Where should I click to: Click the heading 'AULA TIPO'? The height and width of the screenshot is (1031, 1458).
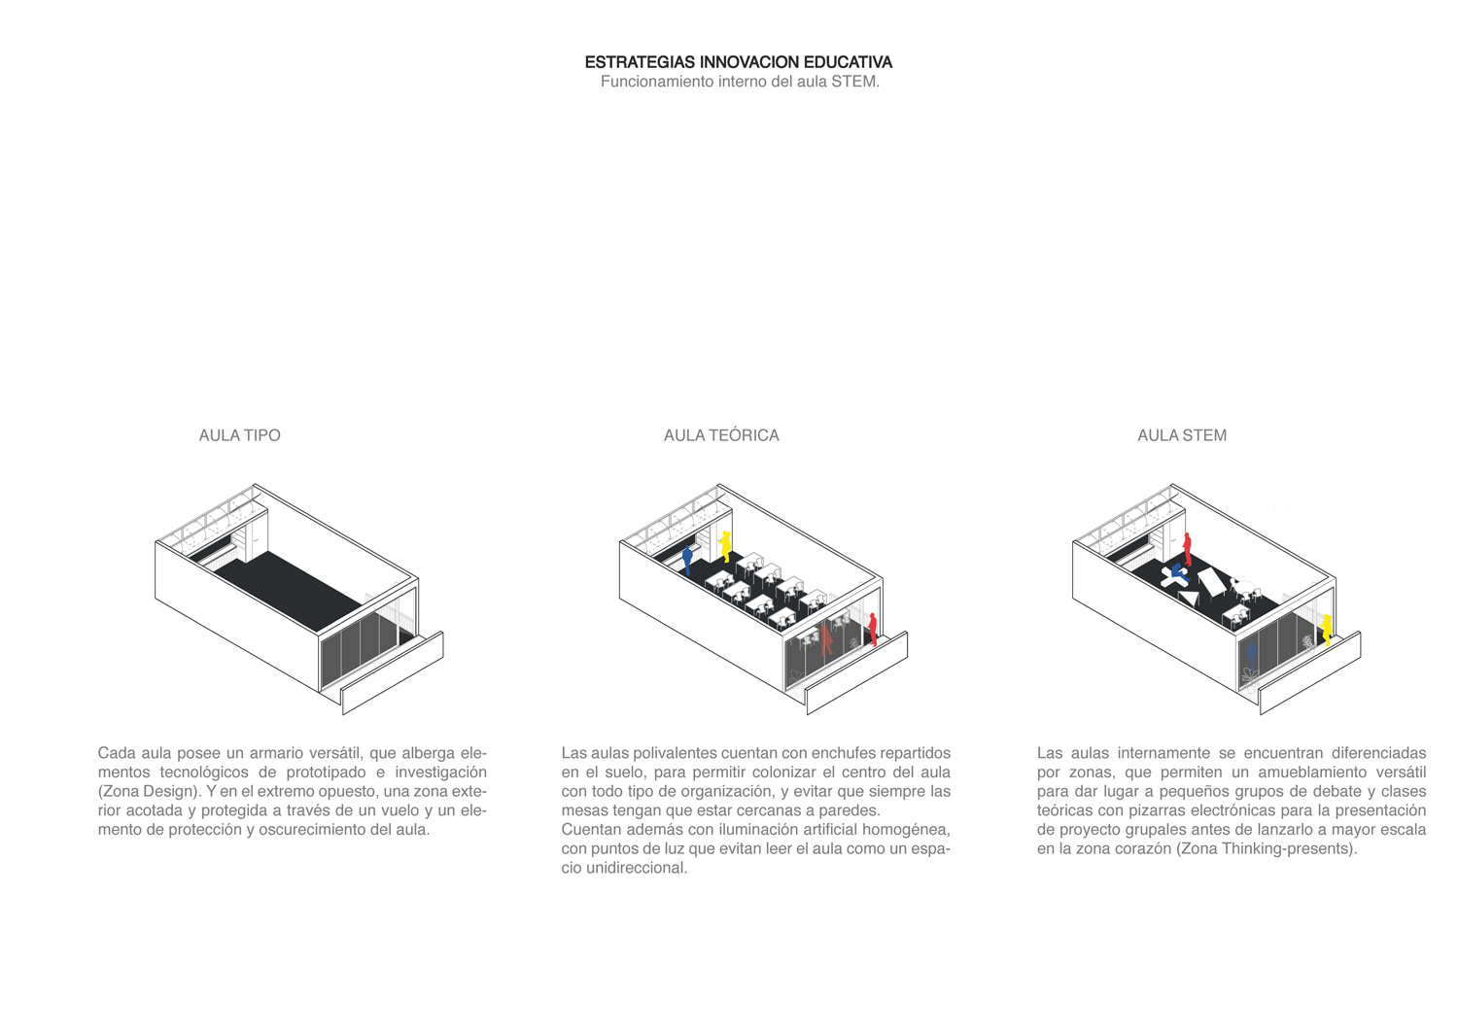(x=239, y=435)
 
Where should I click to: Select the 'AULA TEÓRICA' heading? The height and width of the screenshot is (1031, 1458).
(x=721, y=435)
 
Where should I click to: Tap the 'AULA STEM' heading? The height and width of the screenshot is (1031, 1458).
(x=1182, y=435)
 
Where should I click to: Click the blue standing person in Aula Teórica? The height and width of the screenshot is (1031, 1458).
(x=687, y=560)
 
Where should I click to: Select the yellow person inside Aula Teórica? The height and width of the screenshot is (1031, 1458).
(x=725, y=547)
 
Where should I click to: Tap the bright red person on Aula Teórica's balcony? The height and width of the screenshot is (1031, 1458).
(x=872, y=630)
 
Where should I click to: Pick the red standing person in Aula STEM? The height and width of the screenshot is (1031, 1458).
(x=1187, y=549)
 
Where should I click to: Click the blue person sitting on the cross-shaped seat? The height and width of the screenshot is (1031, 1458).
(x=1178, y=572)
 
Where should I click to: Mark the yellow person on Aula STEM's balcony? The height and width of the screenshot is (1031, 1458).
(x=1327, y=630)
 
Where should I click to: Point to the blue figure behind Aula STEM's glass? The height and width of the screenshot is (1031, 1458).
(x=1252, y=656)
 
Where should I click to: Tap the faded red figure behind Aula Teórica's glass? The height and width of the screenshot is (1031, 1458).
(x=826, y=639)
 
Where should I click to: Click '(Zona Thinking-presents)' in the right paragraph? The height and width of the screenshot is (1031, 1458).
(x=1267, y=848)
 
